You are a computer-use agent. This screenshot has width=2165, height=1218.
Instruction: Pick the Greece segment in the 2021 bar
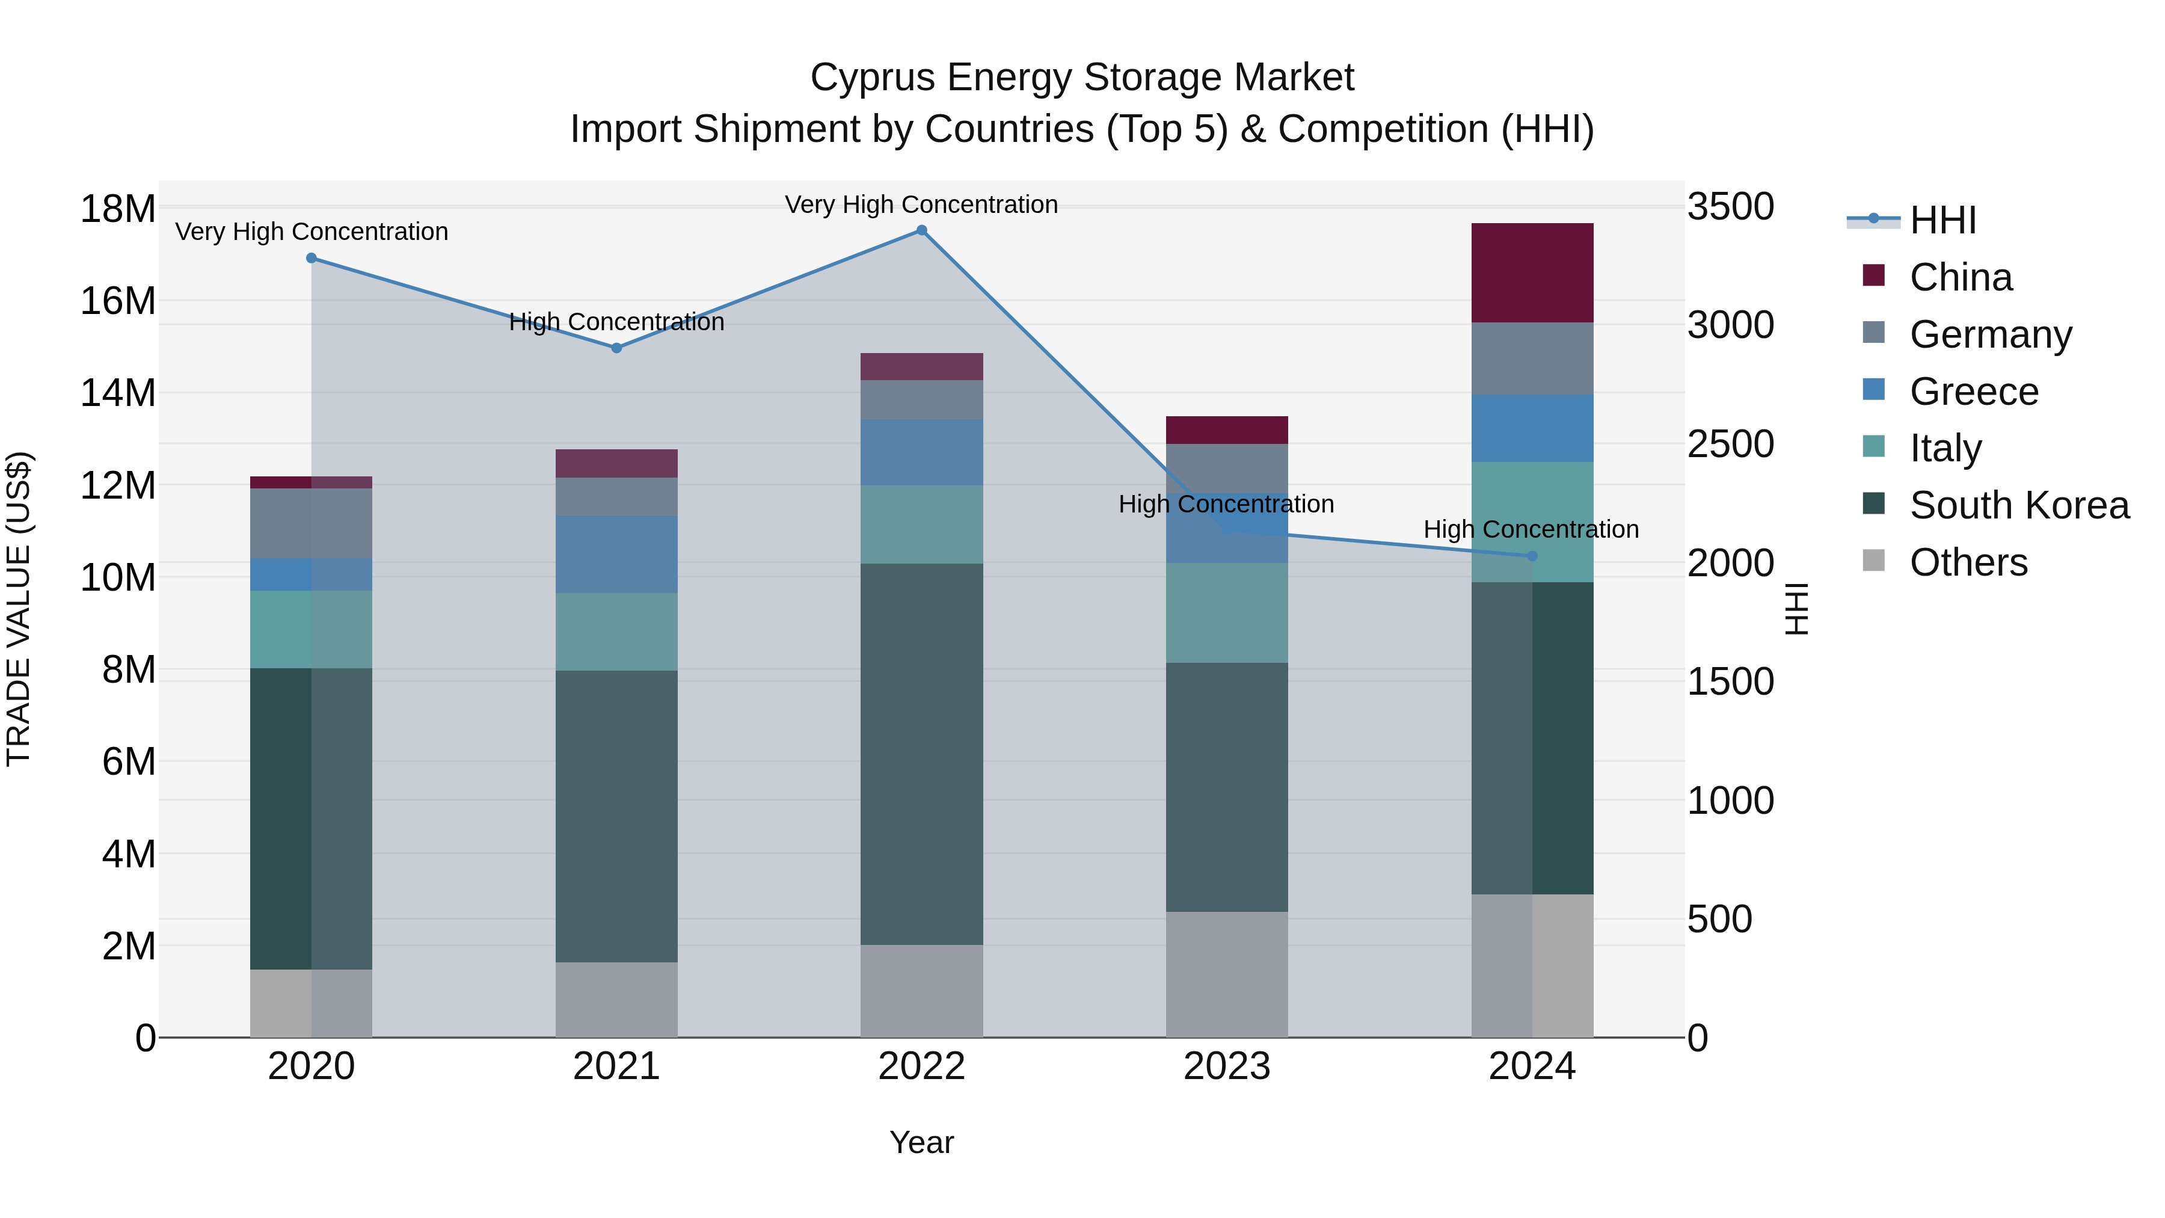coord(616,554)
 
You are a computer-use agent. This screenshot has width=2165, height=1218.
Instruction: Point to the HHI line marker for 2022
coord(921,230)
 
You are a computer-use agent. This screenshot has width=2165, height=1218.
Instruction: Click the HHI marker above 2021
coord(616,348)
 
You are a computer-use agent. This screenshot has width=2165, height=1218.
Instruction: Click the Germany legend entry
coord(1990,334)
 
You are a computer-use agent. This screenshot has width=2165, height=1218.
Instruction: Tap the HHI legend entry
coord(1942,220)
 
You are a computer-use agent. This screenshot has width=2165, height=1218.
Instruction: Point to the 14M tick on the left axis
coord(118,393)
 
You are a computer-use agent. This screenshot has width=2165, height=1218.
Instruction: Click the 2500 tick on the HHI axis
coord(1730,444)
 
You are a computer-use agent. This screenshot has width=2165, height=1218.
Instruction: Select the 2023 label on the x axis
coord(1226,1066)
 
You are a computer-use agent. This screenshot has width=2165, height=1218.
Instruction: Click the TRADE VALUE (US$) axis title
coord(19,609)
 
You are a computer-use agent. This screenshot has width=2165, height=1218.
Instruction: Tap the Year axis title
coord(921,1142)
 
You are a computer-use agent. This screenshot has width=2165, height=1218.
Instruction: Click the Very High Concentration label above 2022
coord(921,205)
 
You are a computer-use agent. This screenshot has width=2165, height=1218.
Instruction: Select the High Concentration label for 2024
coord(1531,529)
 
